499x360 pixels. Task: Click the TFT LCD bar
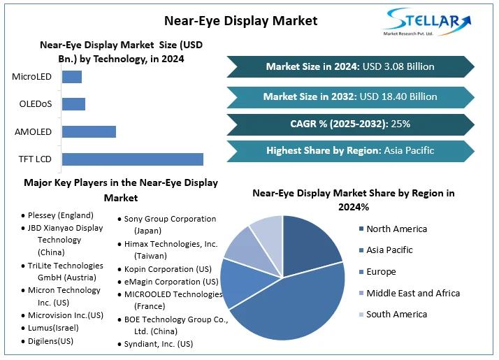coord(133,159)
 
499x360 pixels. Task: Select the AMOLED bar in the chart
coord(89,131)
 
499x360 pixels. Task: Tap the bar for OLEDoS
coord(73,104)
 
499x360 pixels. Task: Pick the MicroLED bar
coord(72,77)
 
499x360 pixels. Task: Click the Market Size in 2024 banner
coord(350,67)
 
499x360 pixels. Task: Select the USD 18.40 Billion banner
coord(350,96)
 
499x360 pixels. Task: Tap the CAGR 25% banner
coord(350,124)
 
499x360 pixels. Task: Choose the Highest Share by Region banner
coord(350,150)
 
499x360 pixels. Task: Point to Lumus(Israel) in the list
coord(53,327)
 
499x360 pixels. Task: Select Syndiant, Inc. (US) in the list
coord(158,343)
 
